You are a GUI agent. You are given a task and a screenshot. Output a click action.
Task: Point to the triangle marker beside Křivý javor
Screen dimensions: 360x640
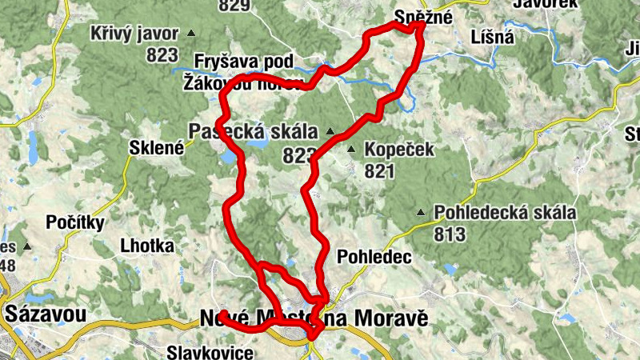pos(191,33)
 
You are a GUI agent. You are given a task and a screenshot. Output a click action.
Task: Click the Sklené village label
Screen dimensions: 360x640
pos(156,147)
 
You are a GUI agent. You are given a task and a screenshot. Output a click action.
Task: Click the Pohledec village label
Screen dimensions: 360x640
pos(374,257)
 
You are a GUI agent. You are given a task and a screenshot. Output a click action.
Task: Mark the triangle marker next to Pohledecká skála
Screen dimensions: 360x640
pos(422,213)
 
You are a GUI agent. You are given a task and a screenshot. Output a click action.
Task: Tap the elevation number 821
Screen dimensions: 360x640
pos(379,170)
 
